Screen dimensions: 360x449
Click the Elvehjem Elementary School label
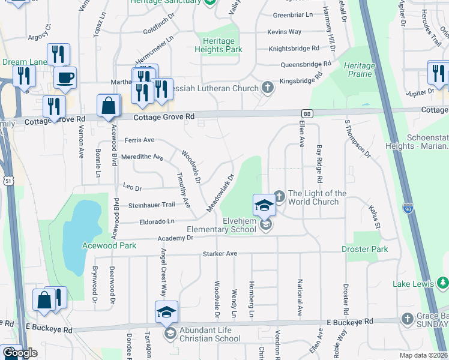221,229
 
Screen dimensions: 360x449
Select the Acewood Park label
109,245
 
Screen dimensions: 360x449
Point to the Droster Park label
364,249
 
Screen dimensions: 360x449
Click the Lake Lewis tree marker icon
442,281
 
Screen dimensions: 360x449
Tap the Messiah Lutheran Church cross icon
268,88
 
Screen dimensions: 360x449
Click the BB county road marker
307,113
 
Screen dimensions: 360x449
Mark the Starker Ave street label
220,254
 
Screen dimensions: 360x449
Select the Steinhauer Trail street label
151,206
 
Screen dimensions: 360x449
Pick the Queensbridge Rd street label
306,64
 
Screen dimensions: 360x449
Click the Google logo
19,353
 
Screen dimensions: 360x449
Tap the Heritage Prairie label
360,70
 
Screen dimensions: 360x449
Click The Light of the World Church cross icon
279,194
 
